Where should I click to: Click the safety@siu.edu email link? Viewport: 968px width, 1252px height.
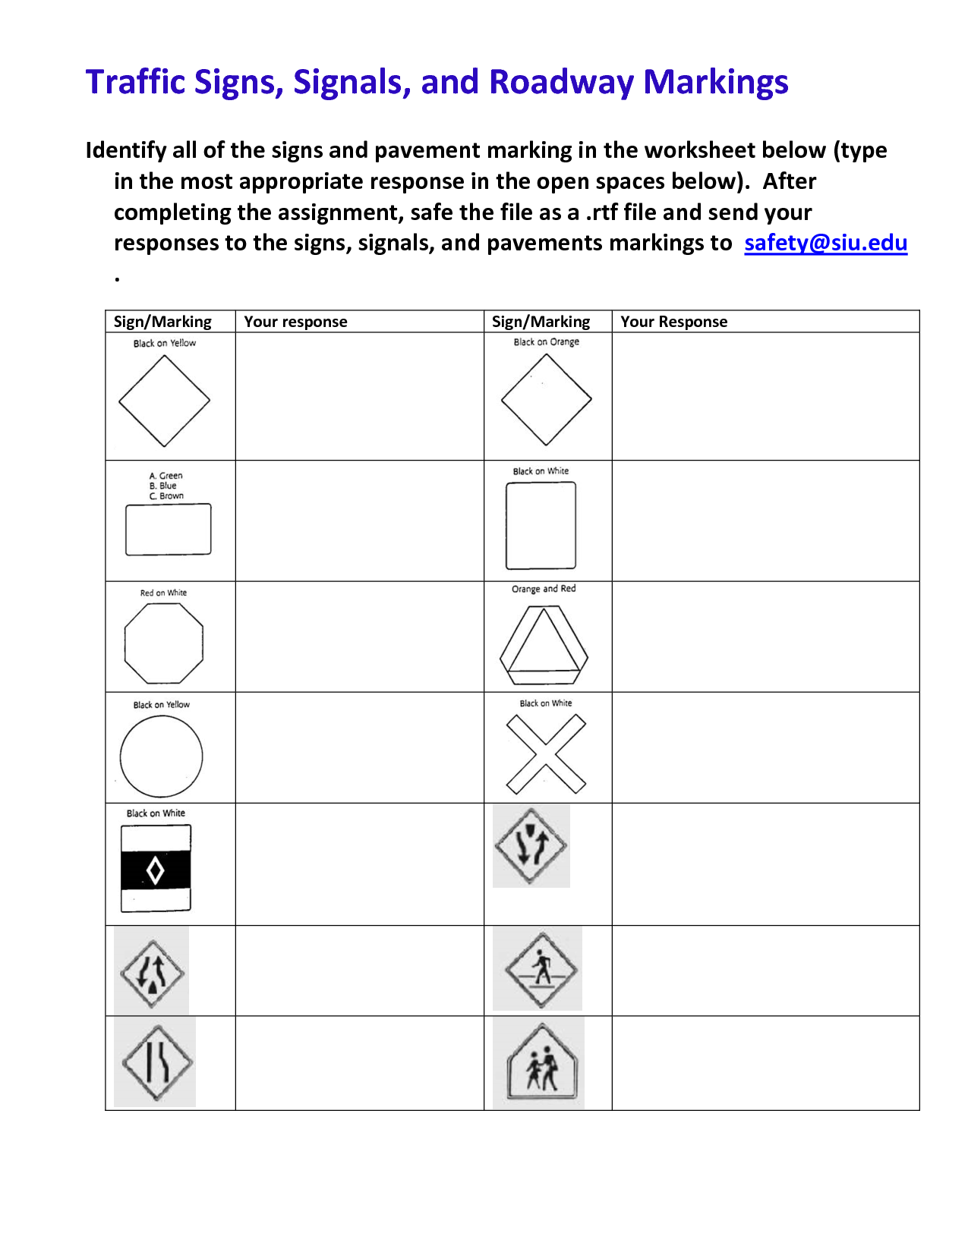tap(825, 243)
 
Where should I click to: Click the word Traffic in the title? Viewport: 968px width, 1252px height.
tap(136, 82)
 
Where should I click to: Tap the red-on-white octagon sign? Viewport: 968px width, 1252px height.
tap(163, 643)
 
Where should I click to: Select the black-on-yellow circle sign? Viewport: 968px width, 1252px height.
tap(162, 756)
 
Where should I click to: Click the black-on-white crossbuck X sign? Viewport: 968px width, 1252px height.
tap(546, 754)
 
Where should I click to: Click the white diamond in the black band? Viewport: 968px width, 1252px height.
tap(156, 870)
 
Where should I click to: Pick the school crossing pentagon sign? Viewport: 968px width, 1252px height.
tap(542, 1062)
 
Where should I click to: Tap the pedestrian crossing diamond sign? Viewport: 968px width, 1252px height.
tap(541, 970)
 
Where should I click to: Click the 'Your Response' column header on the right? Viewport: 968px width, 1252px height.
tap(673, 322)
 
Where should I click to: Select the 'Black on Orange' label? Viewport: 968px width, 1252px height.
tap(546, 342)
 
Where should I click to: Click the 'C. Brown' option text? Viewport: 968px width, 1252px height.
tap(167, 496)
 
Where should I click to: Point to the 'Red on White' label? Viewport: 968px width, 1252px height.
tap(163, 593)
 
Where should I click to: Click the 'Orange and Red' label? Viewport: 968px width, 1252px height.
tap(544, 589)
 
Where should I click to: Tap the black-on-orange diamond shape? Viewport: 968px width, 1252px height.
tap(546, 399)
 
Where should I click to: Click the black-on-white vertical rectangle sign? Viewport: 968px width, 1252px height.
tap(541, 525)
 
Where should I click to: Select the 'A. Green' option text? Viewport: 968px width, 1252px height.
tap(166, 476)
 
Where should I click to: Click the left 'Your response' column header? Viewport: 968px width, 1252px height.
tap(295, 322)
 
